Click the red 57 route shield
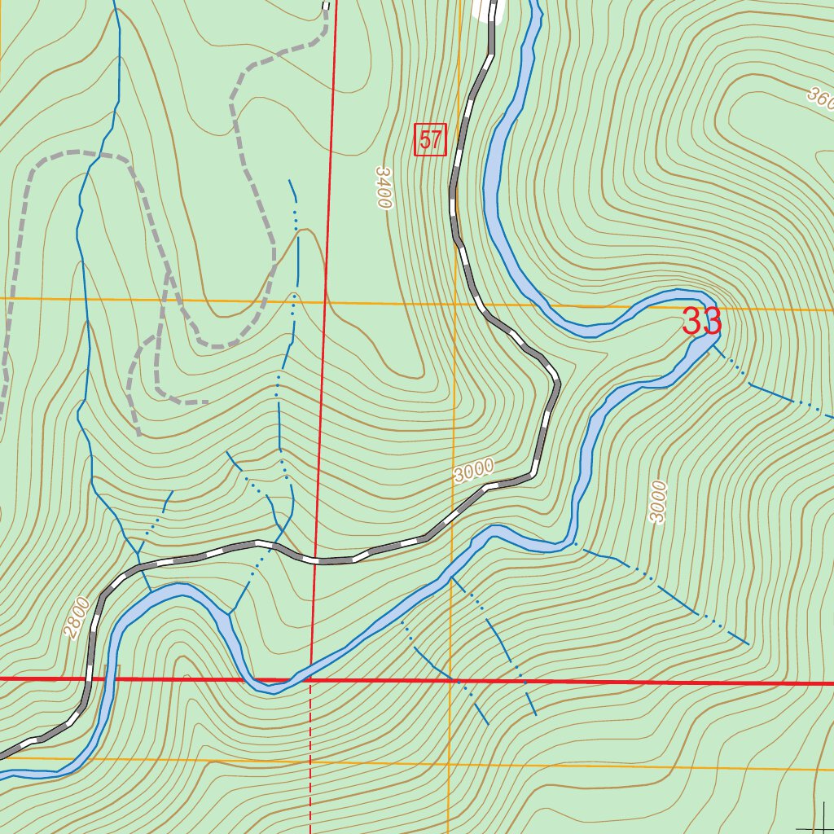(430, 140)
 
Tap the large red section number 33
(701, 322)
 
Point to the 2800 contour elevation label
(77, 617)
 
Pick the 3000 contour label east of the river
(658, 501)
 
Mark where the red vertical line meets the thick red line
(311, 679)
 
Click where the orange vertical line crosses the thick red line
(450, 681)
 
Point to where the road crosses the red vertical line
(316, 561)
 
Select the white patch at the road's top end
(487, 9)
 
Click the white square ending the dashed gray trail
(327, 7)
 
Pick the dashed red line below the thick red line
(310, 757)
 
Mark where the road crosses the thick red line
(90, 678)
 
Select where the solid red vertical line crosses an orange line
(324, 301)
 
